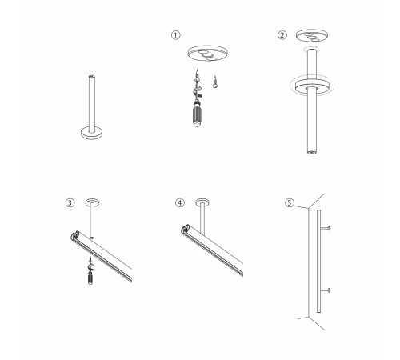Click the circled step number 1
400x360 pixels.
point(175,35)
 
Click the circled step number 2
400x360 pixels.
point(282,35)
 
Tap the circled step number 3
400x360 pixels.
point(70,202)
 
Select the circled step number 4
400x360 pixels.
point(180,202)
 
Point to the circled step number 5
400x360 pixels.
point(290,202)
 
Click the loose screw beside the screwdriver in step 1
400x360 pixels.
point(215,82)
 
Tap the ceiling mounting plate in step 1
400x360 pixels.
point(207,53)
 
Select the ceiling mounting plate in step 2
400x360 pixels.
point(312,35)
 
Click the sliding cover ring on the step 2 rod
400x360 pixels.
point(312,86)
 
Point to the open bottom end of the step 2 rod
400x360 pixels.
point(311,153)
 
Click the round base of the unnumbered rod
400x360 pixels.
point(92,133)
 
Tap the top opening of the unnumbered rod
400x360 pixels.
point(92,77)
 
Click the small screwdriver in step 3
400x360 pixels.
point(90,270)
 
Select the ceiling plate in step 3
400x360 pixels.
point(92,202)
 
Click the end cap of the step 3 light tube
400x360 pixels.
point(74,235)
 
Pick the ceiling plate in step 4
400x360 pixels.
point(202,202)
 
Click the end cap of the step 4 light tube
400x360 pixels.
point(185,229)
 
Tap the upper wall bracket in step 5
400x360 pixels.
point(326,228)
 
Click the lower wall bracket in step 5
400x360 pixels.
point(326,290)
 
